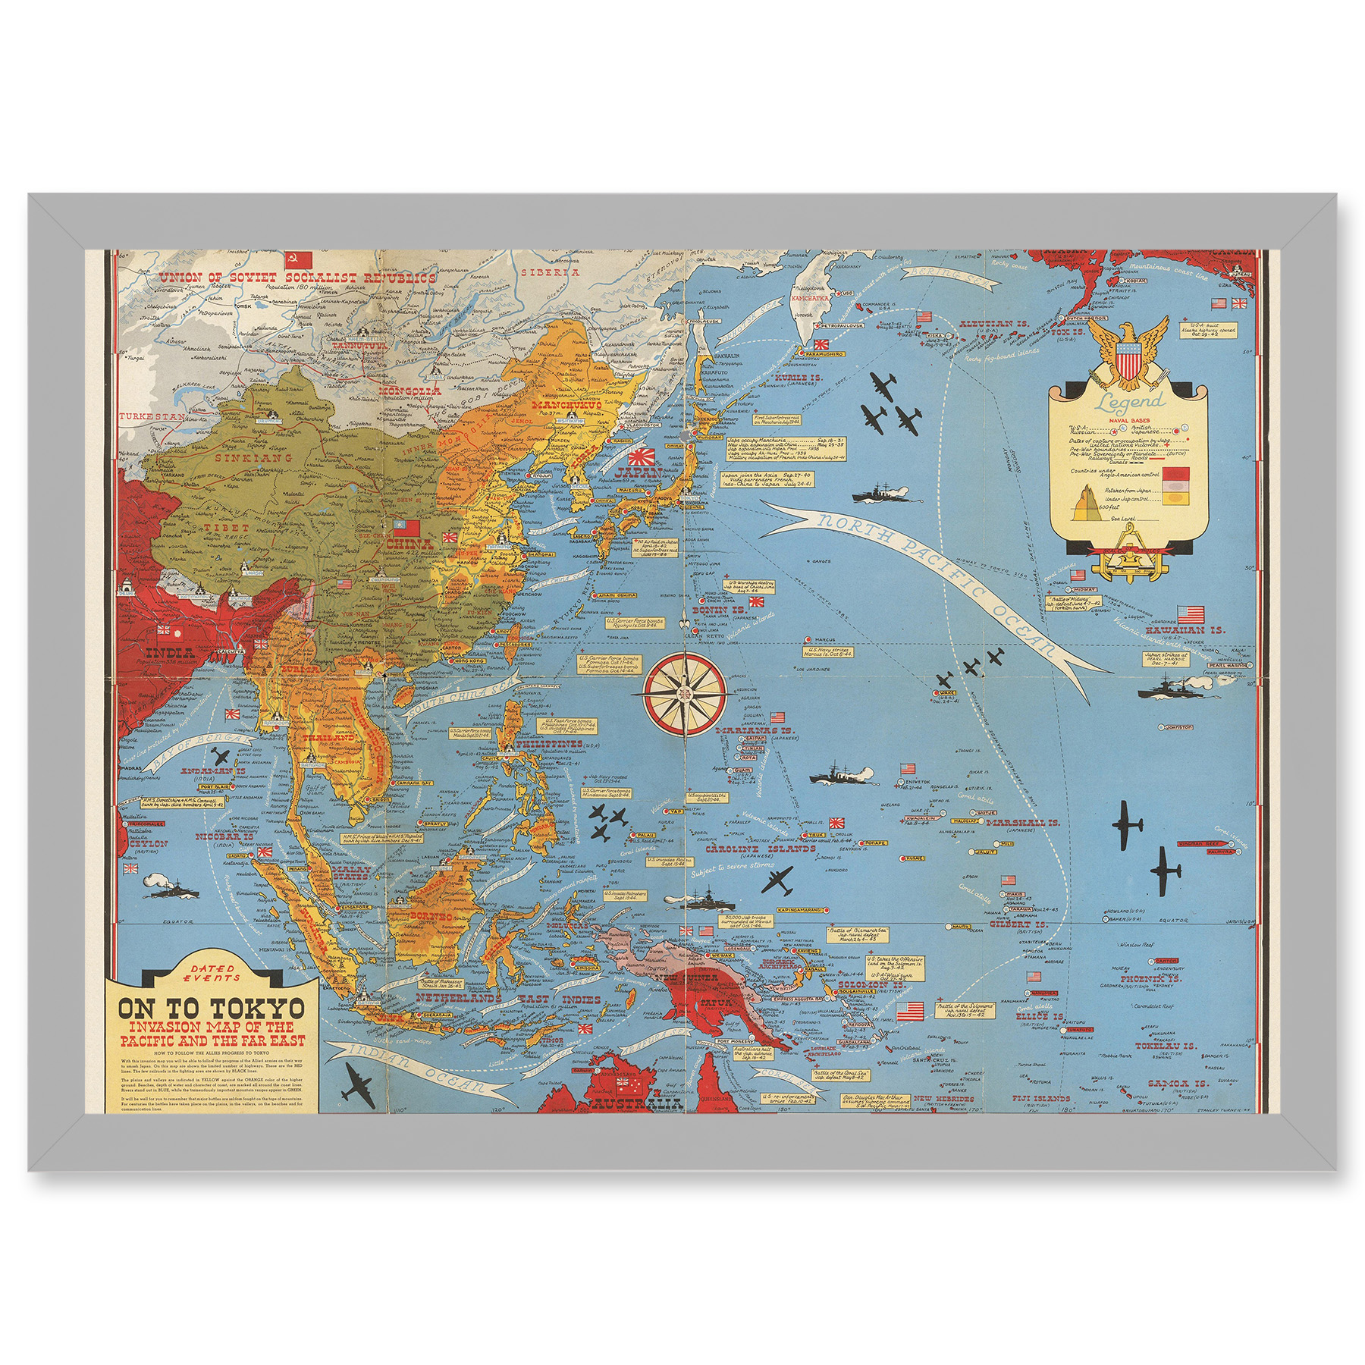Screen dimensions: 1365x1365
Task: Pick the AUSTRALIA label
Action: (x=634, y=1103)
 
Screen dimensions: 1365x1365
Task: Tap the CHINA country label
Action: (x=409, y=544)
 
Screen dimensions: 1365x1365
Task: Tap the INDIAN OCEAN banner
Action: (x=409, y=1066)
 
